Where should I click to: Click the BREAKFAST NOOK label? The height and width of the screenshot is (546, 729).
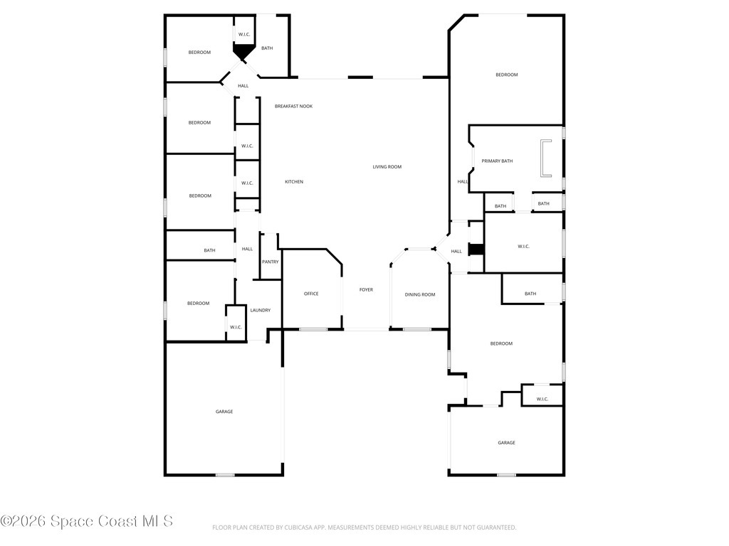tap(293, 106)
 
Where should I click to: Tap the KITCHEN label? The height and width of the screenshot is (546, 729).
tap(294, 182)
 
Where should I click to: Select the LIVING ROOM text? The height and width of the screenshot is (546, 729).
tap(387, 167)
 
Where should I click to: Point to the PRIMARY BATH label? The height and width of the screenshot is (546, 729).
tap(497, 161)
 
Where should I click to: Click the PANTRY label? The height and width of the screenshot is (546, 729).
tap(270, 262)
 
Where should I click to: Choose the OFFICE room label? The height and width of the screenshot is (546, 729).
tap(311, 294)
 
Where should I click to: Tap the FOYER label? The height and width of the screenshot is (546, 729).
tap(366, 290)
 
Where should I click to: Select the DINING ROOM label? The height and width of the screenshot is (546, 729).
tap(420, 294)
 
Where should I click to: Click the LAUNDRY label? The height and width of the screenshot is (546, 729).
tap(260, 310)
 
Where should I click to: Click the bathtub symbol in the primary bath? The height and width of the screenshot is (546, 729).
tap(545, 158)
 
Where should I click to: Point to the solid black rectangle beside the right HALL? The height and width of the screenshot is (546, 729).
tap(476, 250)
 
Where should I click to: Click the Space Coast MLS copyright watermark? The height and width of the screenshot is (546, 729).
tap(87, 521)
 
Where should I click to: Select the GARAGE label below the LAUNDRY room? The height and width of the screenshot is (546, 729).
tap(224, 412)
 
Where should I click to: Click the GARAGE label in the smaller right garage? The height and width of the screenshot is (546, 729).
tap(506, 443)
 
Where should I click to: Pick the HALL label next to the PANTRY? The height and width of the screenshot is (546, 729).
tap(247, 249)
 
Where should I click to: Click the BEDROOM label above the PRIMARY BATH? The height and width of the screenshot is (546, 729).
tap(506, 75)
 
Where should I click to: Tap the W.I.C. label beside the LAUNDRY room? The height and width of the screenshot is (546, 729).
tap(236, 327)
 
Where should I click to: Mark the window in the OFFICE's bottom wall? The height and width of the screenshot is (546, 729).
tap(313, 329)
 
